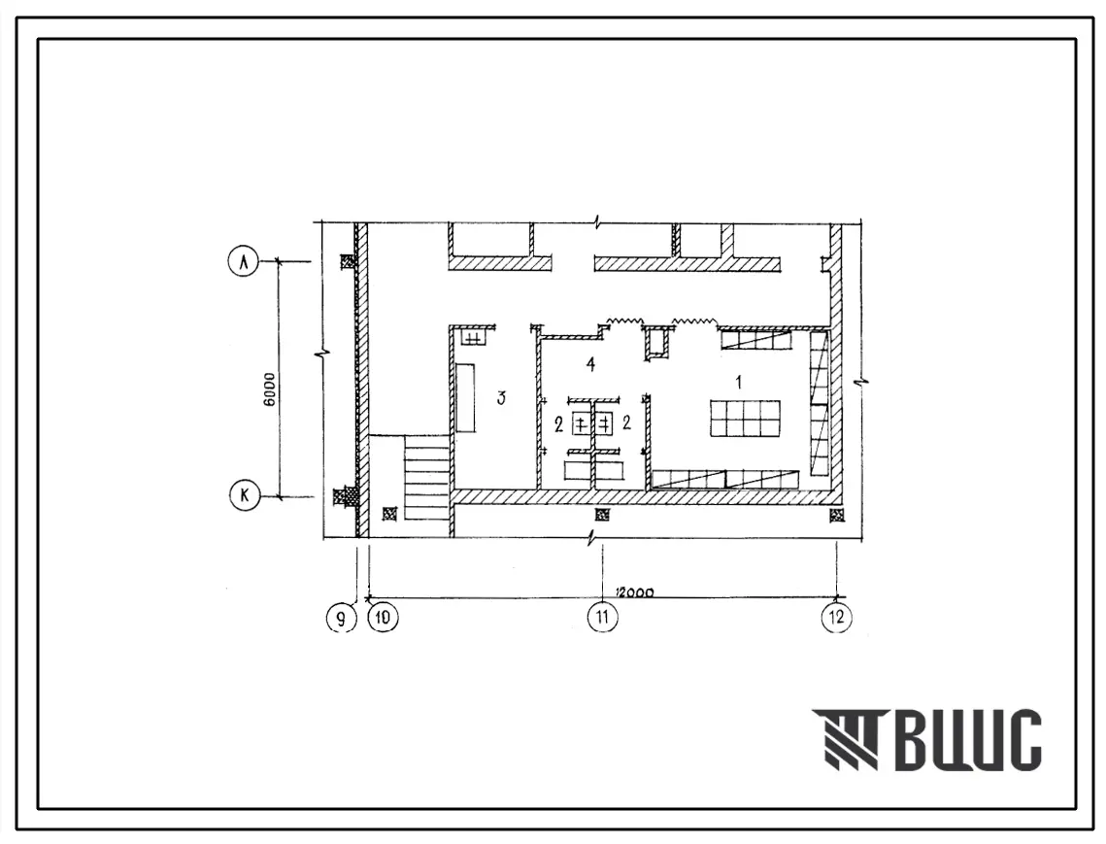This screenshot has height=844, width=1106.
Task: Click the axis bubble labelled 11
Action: tap(602, 618)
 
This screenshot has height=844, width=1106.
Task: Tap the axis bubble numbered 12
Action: tap(837, 618)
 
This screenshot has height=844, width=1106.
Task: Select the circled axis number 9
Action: tap(342, 619)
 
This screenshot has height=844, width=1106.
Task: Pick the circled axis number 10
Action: tap(383, 618)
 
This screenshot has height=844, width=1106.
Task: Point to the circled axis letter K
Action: tap(245, 495)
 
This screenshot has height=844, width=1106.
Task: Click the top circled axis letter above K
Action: tap(244, 262)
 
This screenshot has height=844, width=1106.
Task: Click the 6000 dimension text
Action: tap(269, 388)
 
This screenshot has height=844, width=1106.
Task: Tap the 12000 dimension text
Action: tap(634, 592)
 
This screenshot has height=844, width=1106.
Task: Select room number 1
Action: tap(739, 382)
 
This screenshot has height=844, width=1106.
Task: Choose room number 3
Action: tap(501, 398)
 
